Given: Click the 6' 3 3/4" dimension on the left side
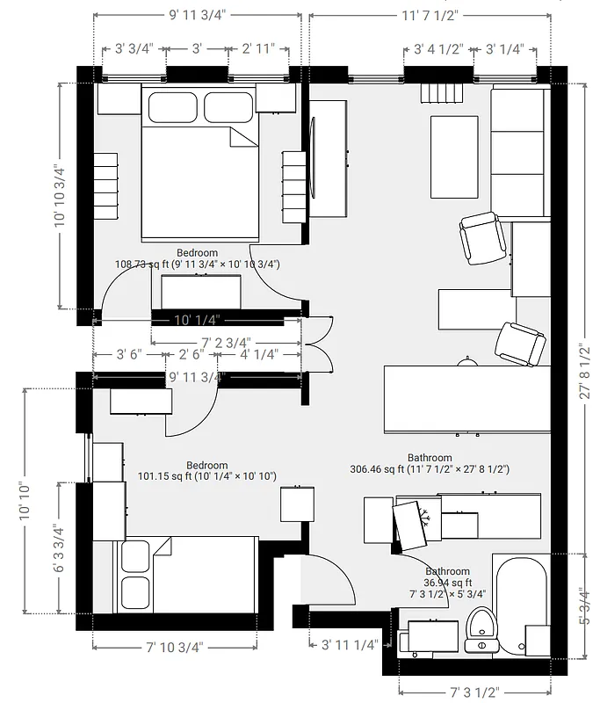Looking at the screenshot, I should [x=60, y=549].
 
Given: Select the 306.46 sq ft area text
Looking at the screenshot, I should [x=430, y=469].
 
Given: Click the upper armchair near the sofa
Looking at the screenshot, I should [x=481, y=237].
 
